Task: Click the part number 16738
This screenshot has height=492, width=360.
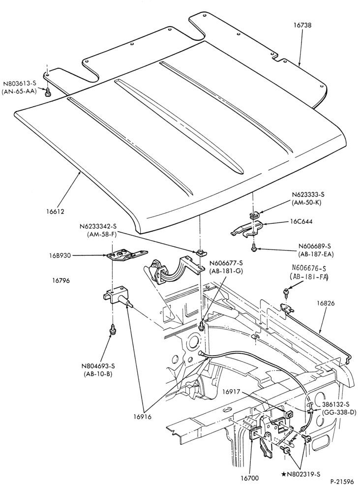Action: [302, 25]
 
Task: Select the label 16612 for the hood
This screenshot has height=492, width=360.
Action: [55, 211]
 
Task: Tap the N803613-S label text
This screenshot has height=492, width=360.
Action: [20, 84]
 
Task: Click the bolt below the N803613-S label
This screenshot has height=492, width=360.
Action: [48, 92]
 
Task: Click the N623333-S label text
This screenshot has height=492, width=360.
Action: [306, 195]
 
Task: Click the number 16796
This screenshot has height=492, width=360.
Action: [61, 280]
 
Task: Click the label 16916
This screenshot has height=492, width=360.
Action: [142, 417]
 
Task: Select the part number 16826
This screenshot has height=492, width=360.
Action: [326, 303]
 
